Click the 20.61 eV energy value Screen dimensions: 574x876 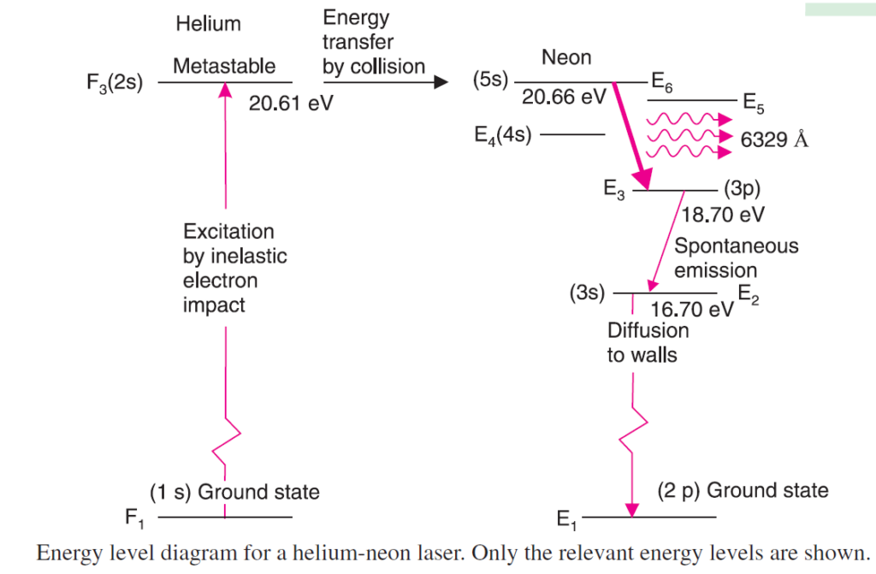291,104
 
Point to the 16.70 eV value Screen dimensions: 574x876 692,309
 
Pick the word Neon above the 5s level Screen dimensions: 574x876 566,58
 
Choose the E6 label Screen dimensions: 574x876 663,82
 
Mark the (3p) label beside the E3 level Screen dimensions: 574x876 742,189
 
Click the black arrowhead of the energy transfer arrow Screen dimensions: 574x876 441,82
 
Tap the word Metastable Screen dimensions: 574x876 224,66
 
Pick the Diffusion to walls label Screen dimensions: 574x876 648,342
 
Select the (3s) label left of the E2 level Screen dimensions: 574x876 587,294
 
